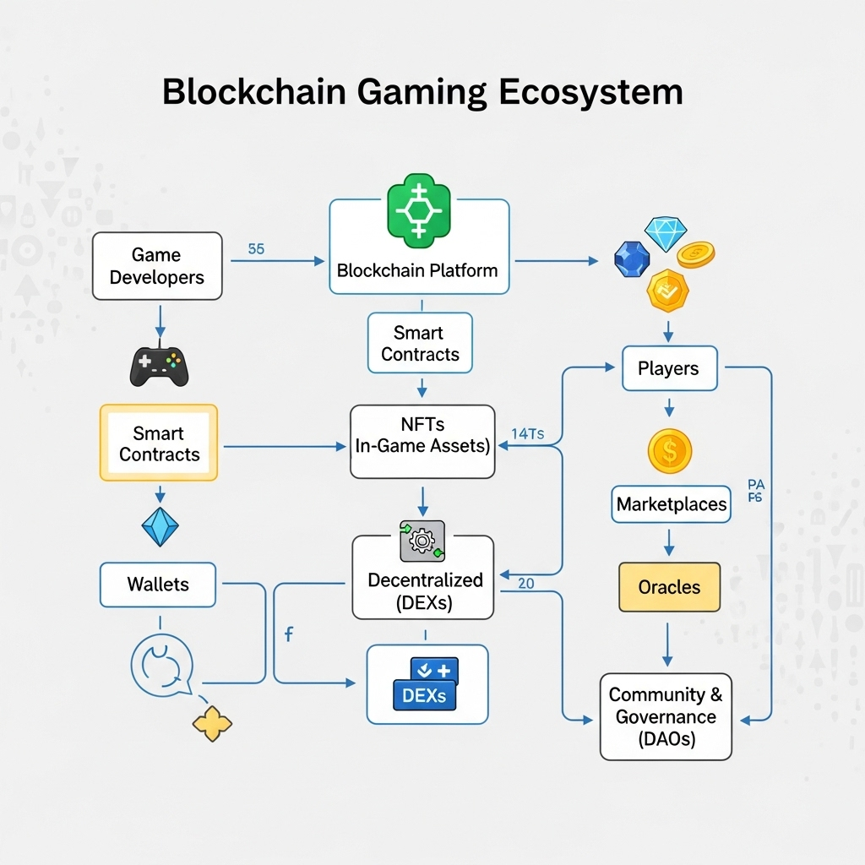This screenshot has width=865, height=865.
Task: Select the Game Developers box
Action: [x=157, y=266]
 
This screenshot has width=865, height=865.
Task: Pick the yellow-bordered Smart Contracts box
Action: [x=159, y=443]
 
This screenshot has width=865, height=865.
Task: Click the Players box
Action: [x=668, y=368]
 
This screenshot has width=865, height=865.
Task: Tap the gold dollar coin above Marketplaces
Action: [x=669, y=451]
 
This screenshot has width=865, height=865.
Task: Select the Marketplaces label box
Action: [x=671, y=505]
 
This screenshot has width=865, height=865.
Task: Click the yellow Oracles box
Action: [x=669, y=587]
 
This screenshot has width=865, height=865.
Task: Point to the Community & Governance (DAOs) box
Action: [x=666, y=716]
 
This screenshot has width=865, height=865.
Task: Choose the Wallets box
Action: [x=158, y=585]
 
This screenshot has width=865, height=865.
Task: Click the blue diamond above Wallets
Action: [x=160, y=526]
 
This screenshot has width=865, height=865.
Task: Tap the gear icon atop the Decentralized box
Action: [x=422, y=541]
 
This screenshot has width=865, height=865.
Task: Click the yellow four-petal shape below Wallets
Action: [x=212, y=724]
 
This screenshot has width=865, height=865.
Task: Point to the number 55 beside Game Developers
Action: [x=256, y=249]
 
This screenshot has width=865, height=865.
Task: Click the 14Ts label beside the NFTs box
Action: [x=528, y=434]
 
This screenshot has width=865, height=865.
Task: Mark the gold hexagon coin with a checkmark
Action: [x=667, y=291]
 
